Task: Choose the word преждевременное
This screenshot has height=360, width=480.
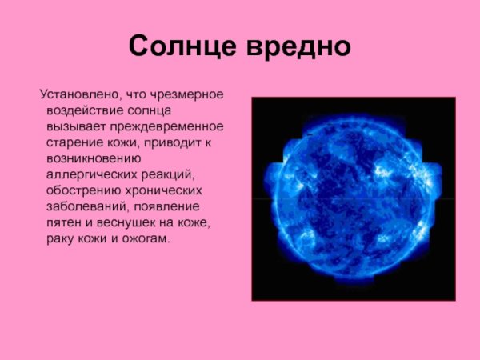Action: pos(170,127)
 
